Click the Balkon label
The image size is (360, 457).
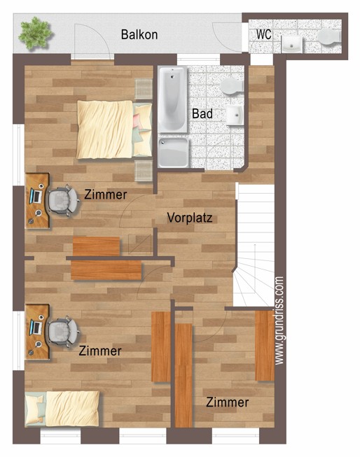tap(139, 34)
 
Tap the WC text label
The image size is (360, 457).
tap(264, 34)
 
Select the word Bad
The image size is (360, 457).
tap(202, 113)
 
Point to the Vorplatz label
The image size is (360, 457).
tap(189, 218)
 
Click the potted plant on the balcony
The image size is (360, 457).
tap(36, 33)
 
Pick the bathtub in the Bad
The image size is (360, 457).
tap(172, 99)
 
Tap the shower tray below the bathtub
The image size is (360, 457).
tap(173, 153)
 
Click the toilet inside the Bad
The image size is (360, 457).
tap(232, 86)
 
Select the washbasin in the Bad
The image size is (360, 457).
tap(235, 115)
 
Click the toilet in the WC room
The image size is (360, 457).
tap(329, 37)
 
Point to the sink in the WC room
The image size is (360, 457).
tap(291, 44)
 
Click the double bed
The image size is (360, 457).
tap(114, 129)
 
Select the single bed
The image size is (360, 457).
tap(62, 408)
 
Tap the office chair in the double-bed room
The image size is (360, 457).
tap(63, 200)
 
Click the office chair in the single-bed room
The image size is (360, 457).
tap(63, 331)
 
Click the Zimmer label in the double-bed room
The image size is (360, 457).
tap(106, 195)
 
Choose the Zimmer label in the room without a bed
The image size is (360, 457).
tap(227, 402)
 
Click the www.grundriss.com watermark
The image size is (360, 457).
tap(279, 320)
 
